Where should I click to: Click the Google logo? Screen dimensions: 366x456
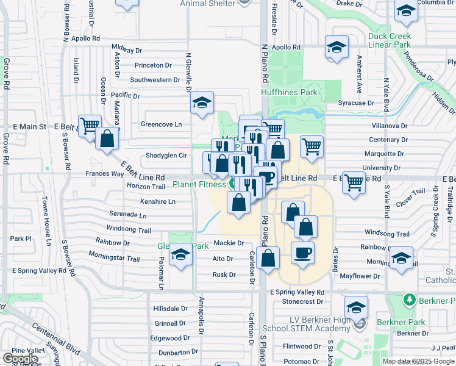point(21,359)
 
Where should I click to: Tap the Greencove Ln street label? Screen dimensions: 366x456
point(162,124)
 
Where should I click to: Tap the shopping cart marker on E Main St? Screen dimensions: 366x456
point(90,124)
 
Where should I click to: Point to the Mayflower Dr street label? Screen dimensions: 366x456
point(360,276)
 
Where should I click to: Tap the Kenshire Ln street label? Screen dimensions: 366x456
point(158,201)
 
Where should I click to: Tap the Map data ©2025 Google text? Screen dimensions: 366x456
point(418,361)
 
